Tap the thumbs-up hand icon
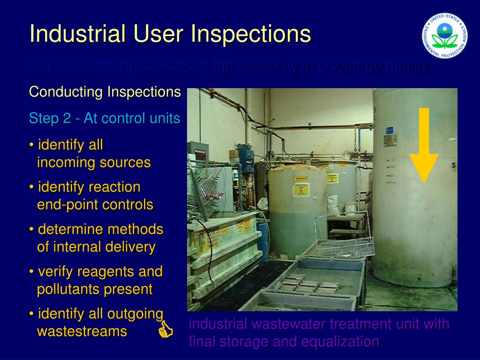click(x=165, y=330)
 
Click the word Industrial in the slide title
click(x=78, y=34)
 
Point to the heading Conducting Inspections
click(x=105, y=92)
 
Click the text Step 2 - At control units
click(x=105, y=119)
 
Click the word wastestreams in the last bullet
click(x=82, y=331)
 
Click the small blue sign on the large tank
click(x=390, y=131)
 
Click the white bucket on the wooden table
click(x=350, y=208)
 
